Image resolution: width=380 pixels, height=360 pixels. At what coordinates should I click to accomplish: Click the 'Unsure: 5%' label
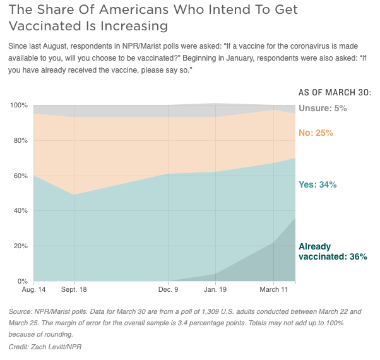coord(323,108)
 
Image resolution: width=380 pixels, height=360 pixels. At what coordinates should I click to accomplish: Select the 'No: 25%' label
coord(315,133)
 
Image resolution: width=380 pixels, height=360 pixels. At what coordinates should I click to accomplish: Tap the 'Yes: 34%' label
coord(317,184)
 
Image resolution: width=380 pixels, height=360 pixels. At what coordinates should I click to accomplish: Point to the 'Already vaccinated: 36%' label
coord(332,251)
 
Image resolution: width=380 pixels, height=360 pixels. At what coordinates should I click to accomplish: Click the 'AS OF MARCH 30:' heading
coord(335,92)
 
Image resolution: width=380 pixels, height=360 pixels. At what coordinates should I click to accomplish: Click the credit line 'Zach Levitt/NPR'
coord(56,348)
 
